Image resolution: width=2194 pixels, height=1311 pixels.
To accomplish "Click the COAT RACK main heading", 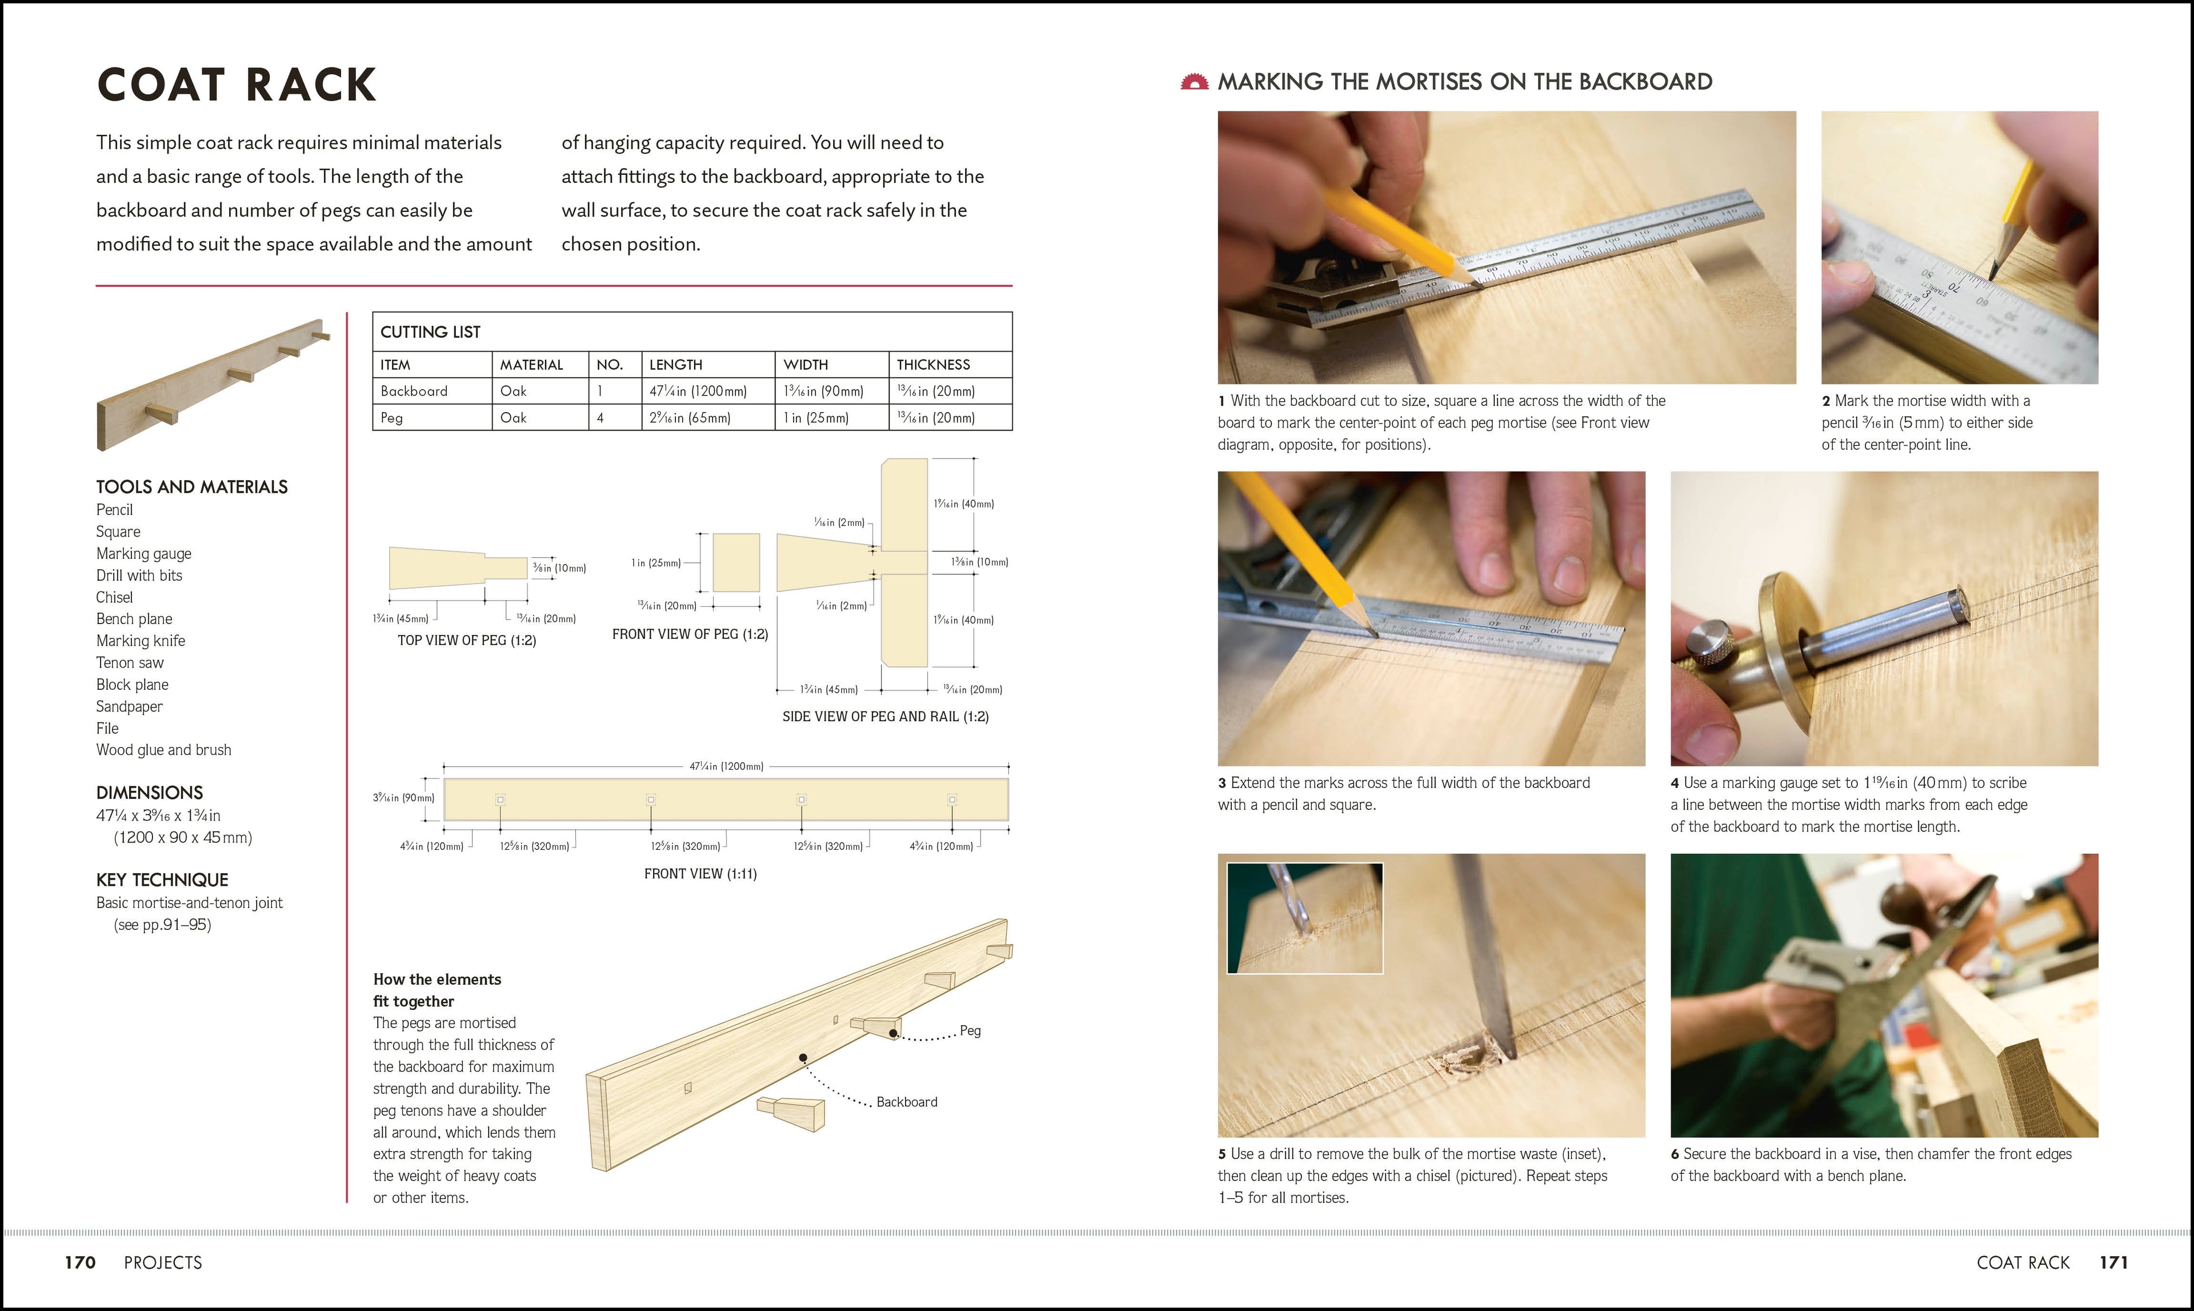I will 236,85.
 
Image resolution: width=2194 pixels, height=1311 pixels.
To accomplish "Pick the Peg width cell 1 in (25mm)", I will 815,418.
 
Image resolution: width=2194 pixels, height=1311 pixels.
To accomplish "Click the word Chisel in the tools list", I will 114,597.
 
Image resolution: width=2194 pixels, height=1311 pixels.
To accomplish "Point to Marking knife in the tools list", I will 141,641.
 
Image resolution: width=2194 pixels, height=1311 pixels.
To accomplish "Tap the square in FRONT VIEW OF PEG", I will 736,563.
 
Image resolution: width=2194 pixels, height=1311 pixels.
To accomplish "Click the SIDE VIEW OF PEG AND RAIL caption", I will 885,717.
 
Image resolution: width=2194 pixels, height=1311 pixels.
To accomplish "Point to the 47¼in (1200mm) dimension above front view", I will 726,766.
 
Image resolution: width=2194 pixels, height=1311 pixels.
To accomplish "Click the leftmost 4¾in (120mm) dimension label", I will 431,846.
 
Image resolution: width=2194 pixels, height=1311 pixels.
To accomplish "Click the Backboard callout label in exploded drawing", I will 906,1102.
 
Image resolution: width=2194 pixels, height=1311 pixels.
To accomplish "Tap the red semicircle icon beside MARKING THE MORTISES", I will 1194,82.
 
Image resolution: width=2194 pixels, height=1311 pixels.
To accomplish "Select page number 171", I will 2113,1262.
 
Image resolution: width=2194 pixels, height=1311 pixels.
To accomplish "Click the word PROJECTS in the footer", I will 162,1262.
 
